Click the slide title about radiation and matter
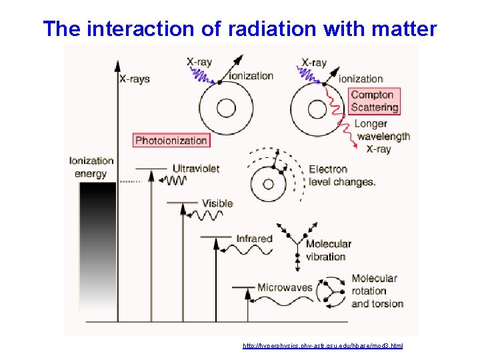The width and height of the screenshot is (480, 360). [240, 29]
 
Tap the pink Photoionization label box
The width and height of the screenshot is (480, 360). [171, 140]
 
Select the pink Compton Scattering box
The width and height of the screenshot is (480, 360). [375, 101]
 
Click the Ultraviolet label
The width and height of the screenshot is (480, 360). [195, 169]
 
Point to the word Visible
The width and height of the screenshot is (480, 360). [217, 203]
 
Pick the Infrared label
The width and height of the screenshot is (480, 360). [254, 238]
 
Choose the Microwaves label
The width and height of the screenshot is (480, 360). [285, 287]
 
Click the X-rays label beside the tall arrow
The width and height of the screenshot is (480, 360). [134, 79]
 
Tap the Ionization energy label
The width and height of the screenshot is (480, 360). [91, 167]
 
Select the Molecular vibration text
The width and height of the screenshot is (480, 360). [328, 250]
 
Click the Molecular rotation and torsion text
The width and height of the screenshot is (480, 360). [377, 291]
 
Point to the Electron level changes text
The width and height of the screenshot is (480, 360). [342, 175]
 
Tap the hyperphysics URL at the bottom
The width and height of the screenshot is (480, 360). [323, 346]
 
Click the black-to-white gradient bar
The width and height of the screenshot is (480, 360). [97, 247]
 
